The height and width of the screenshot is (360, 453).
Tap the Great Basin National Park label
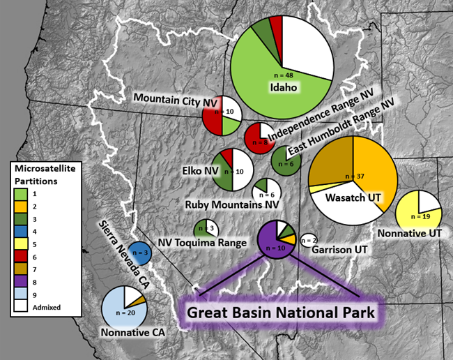pos(281,310)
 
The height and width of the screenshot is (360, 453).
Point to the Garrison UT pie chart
pos(307,240)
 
